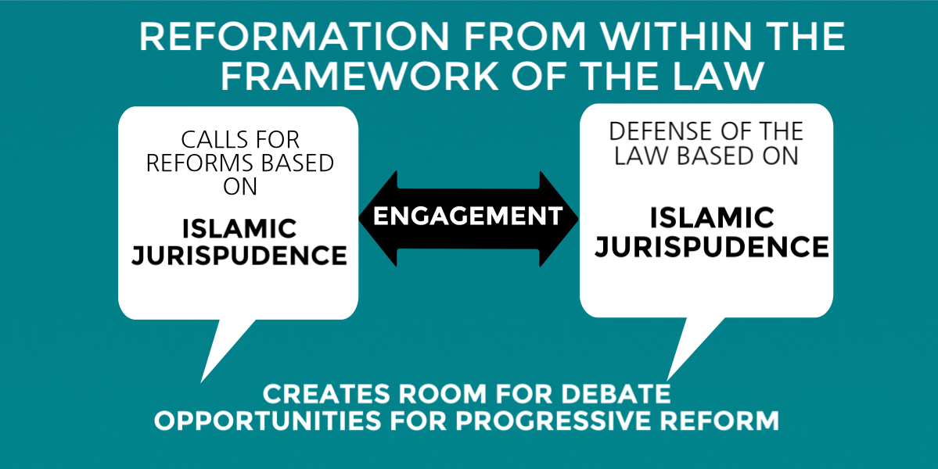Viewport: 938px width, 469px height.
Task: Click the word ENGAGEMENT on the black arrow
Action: (x=468, y=215)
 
